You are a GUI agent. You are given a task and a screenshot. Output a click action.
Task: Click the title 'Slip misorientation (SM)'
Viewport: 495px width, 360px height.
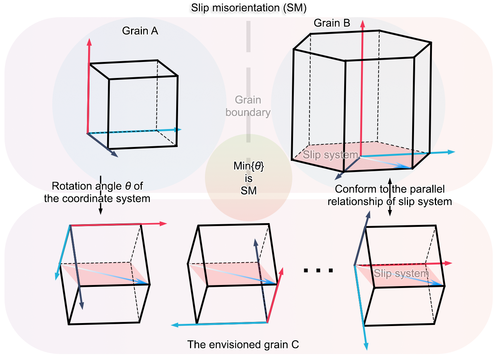click(x=248, y=8)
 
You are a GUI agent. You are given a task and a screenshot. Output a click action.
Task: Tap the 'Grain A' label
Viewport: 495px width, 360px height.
click(x=140, y=31)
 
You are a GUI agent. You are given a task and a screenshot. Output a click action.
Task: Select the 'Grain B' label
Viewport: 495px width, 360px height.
click(x=332, y=23)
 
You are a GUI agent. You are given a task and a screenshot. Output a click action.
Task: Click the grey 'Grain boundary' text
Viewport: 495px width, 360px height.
click(x=248, y=106)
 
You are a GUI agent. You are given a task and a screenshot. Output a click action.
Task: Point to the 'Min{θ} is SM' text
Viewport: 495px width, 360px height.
click(x=249, y=178)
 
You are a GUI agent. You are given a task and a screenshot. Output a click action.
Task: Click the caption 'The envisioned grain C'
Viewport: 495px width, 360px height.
click(x=243, y=344)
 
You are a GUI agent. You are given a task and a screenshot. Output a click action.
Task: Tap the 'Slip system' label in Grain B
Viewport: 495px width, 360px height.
click(x=330, y=154)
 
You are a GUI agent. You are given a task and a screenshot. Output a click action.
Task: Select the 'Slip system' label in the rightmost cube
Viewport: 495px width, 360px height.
click(x=401, y=273)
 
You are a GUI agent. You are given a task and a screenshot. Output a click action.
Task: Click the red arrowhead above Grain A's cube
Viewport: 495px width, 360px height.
click(x=89, y=41)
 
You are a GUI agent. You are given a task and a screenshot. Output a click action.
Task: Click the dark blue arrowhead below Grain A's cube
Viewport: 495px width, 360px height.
click(x=115, y=154)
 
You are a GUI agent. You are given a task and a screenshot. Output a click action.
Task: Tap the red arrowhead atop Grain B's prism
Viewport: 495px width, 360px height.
click(x=362, y=24)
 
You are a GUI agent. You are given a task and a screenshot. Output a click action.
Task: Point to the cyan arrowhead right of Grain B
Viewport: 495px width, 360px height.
click(x=452, y=152)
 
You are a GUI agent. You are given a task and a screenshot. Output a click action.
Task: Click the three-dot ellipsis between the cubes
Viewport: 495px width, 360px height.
click(x=318, y=270)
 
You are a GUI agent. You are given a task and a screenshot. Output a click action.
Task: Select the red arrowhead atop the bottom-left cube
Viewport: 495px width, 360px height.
click(x=164, y=223)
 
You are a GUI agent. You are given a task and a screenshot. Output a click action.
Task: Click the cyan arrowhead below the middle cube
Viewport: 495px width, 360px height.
click(x=174, y=325)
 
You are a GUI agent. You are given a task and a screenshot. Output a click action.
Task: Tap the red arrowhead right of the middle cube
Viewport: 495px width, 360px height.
click(x=281, y=270)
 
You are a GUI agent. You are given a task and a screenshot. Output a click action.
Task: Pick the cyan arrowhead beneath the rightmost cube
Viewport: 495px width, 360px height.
click(x=367, y=346)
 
